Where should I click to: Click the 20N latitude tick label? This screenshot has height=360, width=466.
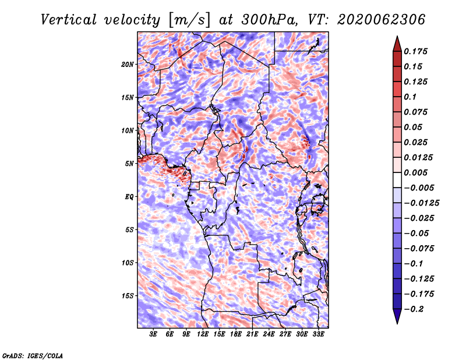point(127,65)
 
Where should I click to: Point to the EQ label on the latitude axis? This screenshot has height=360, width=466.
point(129,197)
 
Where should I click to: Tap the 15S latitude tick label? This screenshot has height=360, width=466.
point(127,296)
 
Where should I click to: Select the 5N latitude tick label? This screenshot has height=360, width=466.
point(129,164)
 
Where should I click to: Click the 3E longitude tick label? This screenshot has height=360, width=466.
point(153,334)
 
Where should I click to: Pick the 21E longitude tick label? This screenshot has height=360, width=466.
point(252,334)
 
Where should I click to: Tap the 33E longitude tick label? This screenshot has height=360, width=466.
point(318,334)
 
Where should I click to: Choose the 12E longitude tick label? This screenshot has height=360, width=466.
point(202,334)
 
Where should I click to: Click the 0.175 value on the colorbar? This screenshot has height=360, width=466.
point(415,51)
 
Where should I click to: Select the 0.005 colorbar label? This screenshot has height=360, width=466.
point(415,172)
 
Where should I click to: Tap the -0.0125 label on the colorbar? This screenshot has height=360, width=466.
point(421,203)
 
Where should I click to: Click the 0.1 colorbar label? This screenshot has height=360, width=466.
point(410,97)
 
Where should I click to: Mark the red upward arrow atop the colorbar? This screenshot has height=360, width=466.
point(397,44)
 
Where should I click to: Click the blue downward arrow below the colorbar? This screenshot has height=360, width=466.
point(397,316)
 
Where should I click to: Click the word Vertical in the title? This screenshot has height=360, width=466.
point(69,20)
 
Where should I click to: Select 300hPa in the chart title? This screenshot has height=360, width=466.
point(269,20)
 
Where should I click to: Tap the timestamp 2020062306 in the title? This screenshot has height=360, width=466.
point(381,20)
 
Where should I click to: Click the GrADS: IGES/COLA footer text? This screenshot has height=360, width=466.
point(33,355)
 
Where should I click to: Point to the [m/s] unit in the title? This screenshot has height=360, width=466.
point(189,20)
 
